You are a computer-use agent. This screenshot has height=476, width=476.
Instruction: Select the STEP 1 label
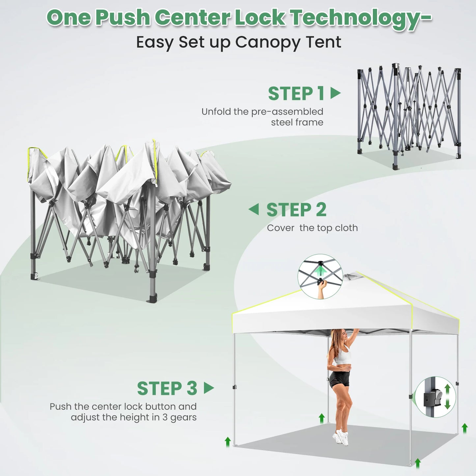(x=296, y=94)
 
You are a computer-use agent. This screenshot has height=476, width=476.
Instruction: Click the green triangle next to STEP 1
(x=335, y=93)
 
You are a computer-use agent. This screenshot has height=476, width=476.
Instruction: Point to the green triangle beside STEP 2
(x=254, y=209)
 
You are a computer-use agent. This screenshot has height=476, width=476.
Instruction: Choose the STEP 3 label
(x=167, y=388)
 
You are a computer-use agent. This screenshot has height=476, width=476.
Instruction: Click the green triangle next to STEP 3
(x=209, y=388)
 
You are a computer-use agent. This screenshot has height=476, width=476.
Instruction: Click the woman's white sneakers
(x=341, y=438)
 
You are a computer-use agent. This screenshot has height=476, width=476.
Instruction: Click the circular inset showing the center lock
(x=320, y=276)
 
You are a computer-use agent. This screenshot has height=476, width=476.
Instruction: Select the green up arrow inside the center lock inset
(x=321, y=272)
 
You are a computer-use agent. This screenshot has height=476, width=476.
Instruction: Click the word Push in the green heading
(x=123, y=18)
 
